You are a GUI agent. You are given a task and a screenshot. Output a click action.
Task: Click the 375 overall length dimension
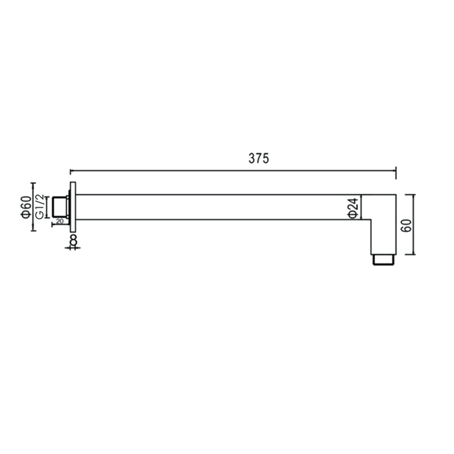(x=259, y=158)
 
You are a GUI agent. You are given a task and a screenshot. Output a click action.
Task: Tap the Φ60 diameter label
(x=26, y=207)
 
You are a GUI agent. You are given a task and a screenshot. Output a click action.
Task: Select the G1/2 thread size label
(x=40, y=207)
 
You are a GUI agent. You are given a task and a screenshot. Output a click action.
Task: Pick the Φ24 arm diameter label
(x=354, y=207)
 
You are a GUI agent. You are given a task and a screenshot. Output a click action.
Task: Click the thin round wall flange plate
(x=73, y=207)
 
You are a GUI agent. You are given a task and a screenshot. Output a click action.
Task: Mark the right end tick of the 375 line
(x=396, y=171)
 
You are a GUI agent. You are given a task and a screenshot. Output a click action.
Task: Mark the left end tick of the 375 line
(x=70, y=171)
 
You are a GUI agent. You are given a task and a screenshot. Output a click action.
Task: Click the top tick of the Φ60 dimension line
(x=33, y=183)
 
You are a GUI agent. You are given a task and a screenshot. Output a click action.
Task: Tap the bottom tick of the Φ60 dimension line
(x=33, y=230)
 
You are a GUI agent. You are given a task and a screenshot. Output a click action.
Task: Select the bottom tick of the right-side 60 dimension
(x=413, y=254)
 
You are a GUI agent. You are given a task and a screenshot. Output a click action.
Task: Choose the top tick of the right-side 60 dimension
(x=413, y=194)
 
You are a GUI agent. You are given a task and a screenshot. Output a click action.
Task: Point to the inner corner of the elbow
(x=372, y=220)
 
